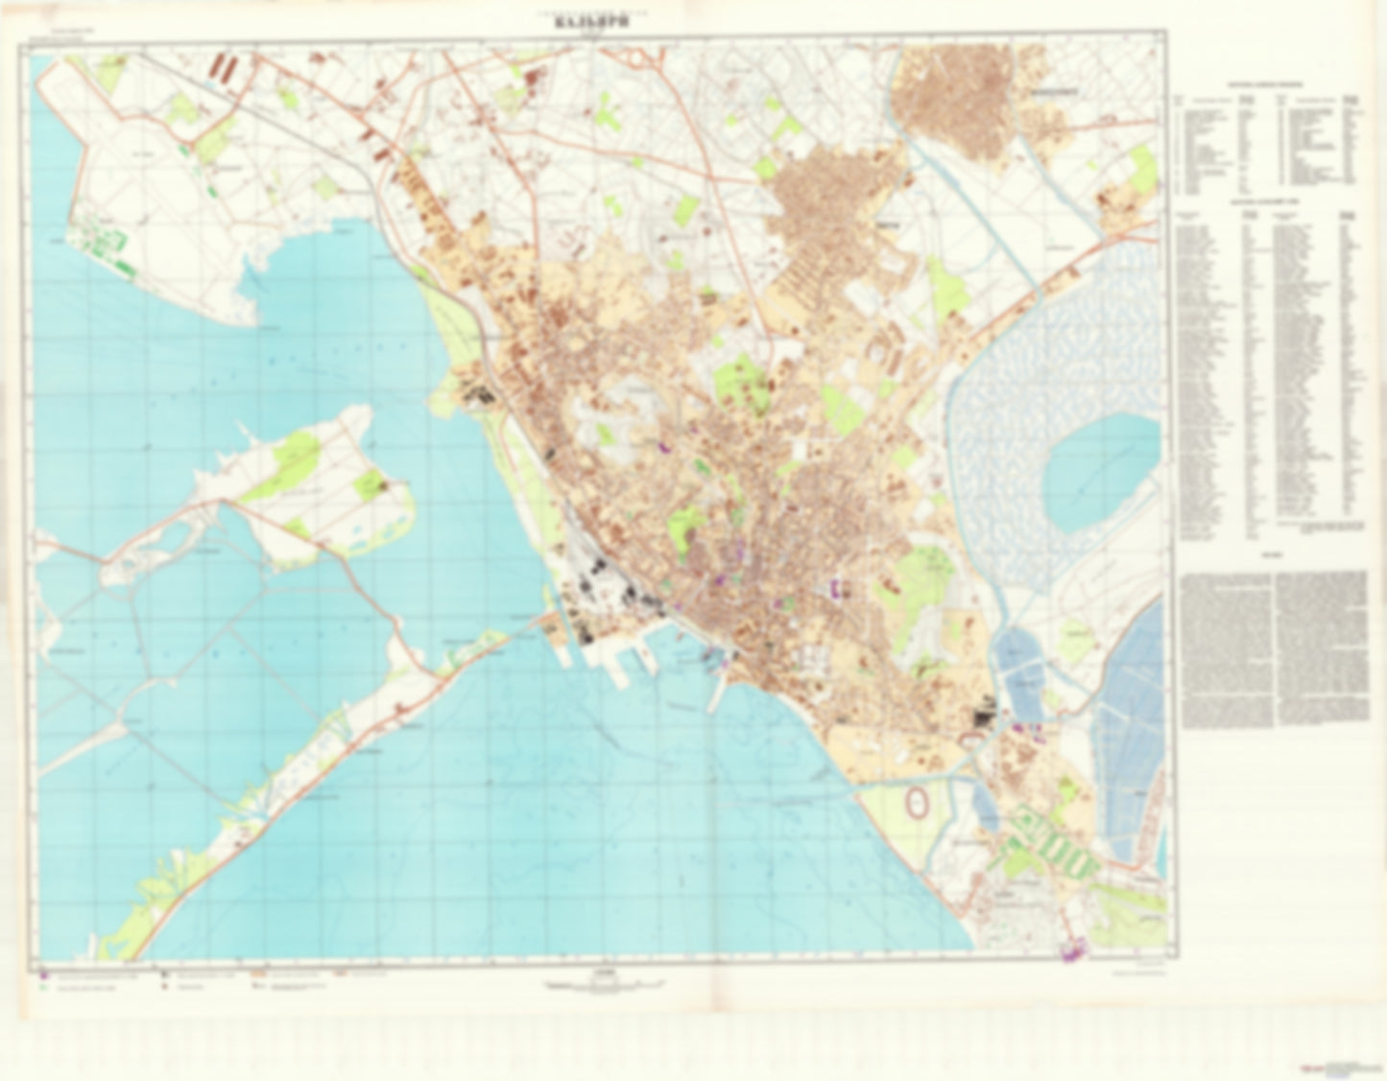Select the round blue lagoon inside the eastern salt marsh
[x=1099, y=471]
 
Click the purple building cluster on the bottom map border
[x=1072, y=952]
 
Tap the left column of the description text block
[x=1227, y=647]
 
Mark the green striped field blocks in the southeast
[x=1051, y=844]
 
